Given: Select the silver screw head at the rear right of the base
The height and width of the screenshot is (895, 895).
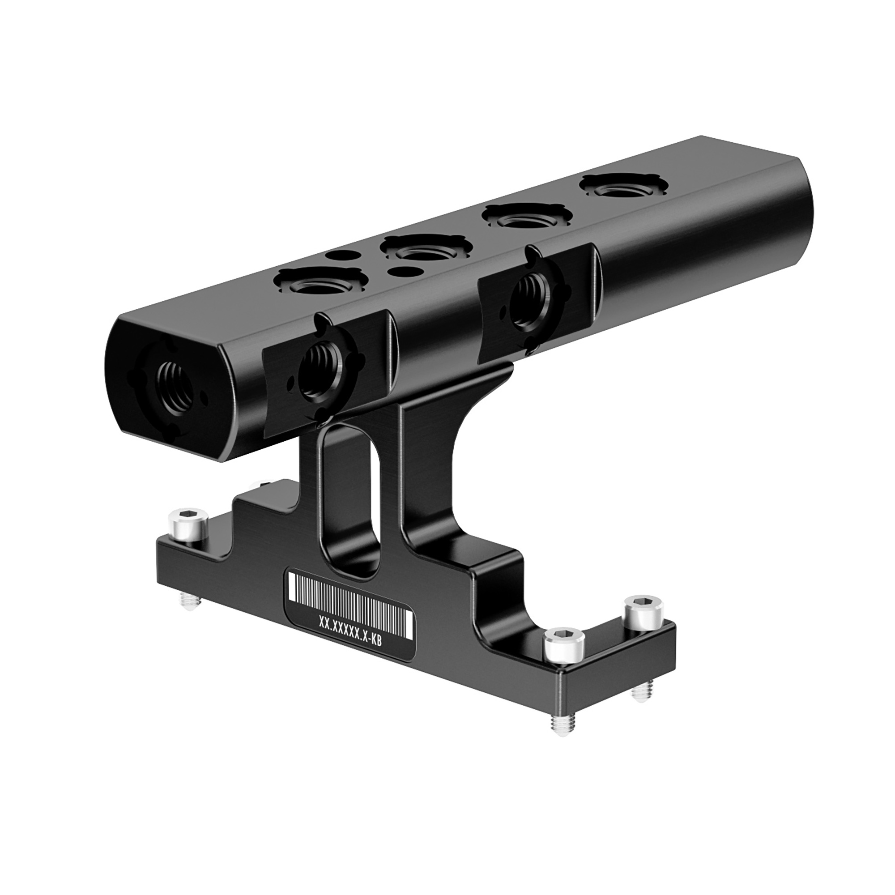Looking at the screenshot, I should pyautogui.click(x=643, y=611).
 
